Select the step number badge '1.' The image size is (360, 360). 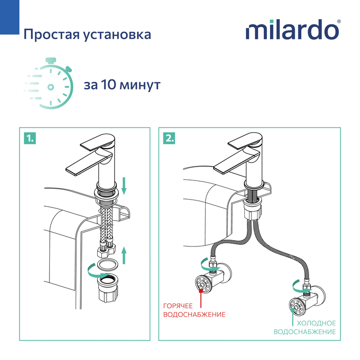click(30, 138)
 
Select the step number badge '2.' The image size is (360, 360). click(169, 138)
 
